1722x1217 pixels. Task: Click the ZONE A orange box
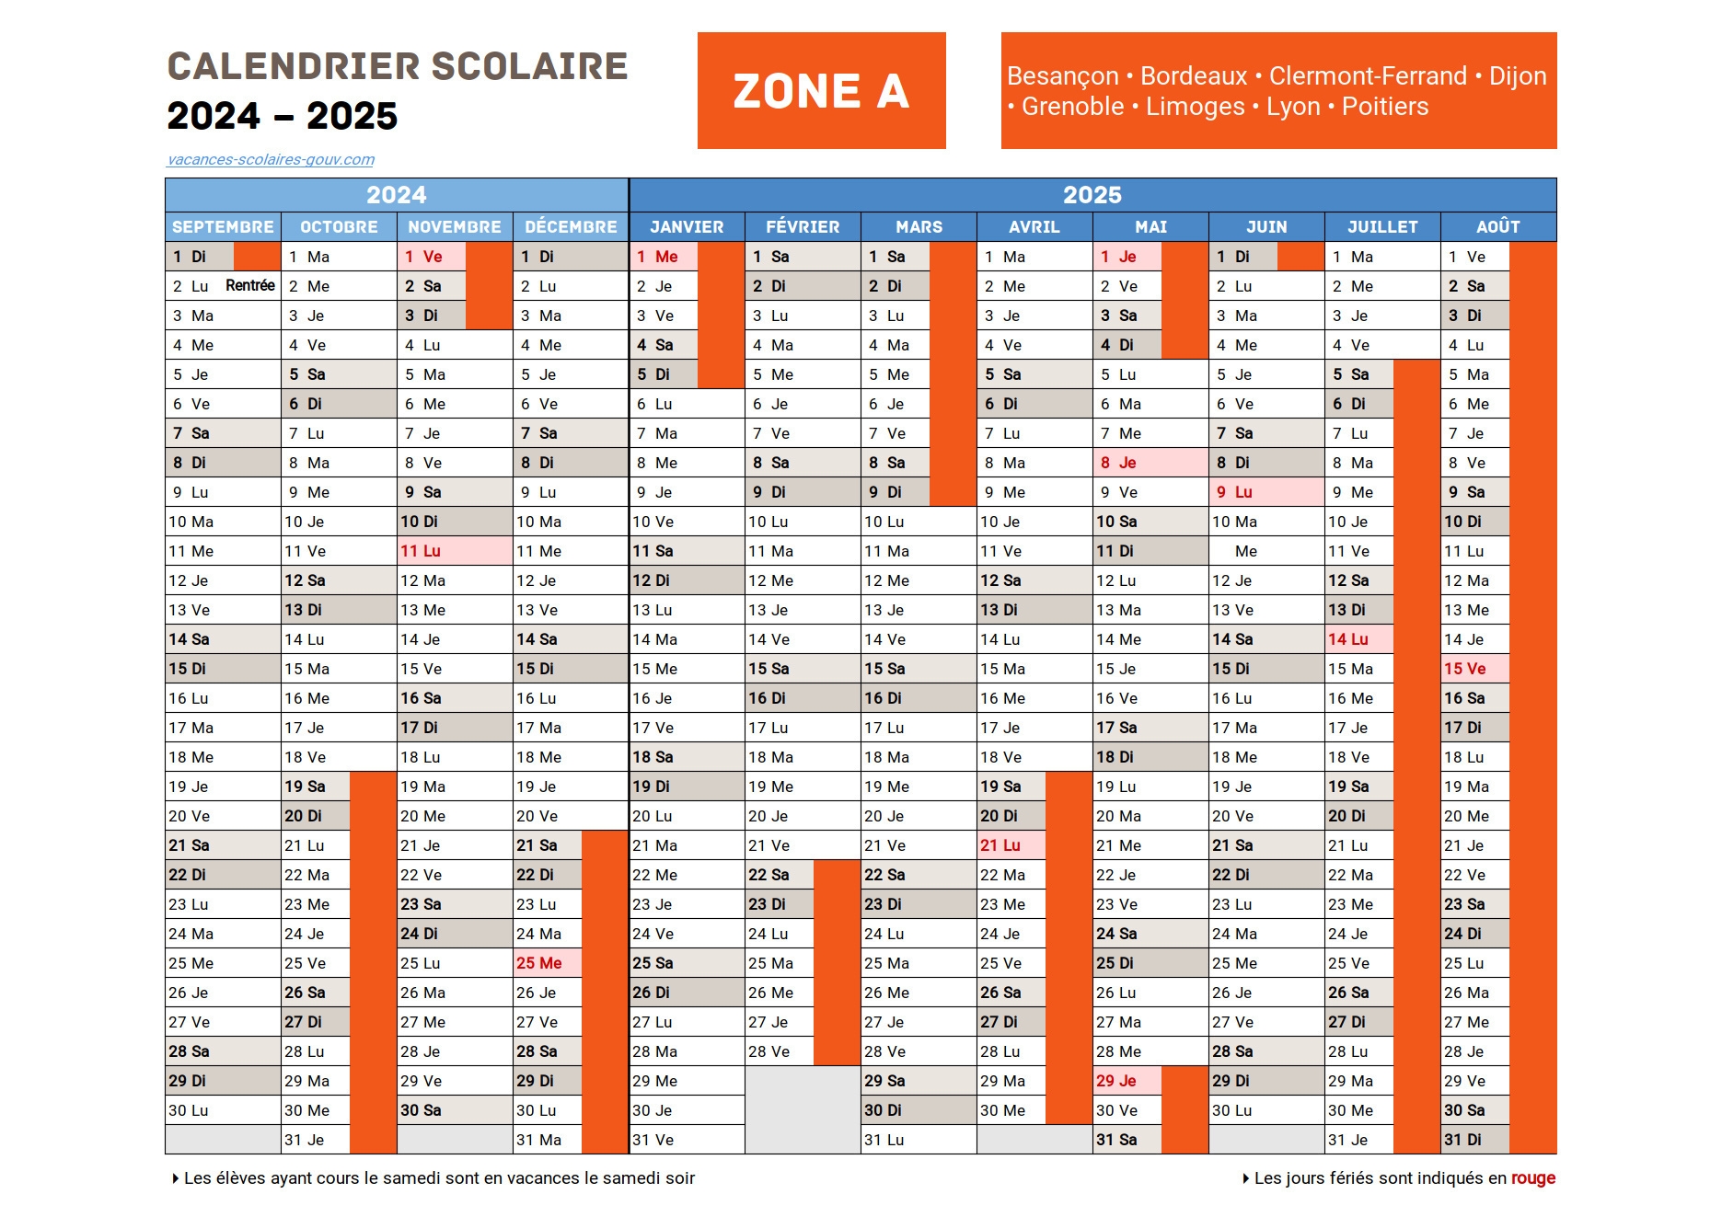tap(821, 91)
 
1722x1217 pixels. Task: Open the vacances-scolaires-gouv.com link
tap(271, 159)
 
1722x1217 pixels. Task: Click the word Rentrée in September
tap(249, 285)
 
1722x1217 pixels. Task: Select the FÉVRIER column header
tap(803, 226)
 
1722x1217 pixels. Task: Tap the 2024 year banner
tap(396, 195)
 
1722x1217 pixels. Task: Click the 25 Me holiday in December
tap(539, 963)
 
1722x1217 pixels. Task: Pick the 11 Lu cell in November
tap(422, 551)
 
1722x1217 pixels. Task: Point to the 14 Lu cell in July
tap(1348, 639)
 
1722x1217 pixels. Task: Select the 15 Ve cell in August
tap(1465, 669)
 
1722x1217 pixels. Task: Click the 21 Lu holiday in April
tap(1000, 845)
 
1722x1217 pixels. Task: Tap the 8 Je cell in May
tap(1119, 463)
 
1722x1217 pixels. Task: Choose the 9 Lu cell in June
tap(1235, 492)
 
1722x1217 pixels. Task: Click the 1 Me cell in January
tap(658, 257)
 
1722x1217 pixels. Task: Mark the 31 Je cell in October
tap(305, 1140)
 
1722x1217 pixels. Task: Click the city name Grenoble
tap(1072, 107)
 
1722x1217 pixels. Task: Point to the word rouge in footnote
tap(1532, 1178)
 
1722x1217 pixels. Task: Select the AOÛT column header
tap(1497, 226)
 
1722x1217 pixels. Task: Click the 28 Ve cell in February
tap(769, 1051)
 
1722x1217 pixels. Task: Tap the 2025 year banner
tap(1092, 195)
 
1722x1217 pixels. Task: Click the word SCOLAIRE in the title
tap(529, 66)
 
